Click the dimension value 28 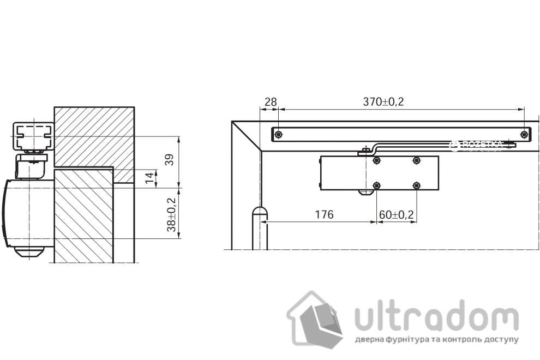pyautogui.click(x=270, y=101)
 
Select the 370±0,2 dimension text pyautogui.click(x=383, y=101)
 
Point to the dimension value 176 pyautogui.click(x=324, y=214)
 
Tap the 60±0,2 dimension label pyautogui.click(x=397, y=214)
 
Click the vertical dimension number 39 pyautogui.click(x=170, y=160)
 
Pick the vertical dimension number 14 pyautogui.click(x=148, y=178)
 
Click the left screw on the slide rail pyautogui.click(x=279, y=134)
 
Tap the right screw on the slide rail pyautogui.click(x=524, y=134)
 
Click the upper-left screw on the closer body pyautogui.click(x=376, y=160)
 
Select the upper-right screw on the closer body pyautogui.click(x=417, y=160)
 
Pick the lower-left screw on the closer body pyautogui.click(x=376, y=185)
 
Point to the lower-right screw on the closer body pyautogui.click(x=417, y=185)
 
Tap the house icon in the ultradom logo pyautogui.click(x=315, y=319)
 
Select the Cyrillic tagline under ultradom pyautogui.click(x=436, y=339)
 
